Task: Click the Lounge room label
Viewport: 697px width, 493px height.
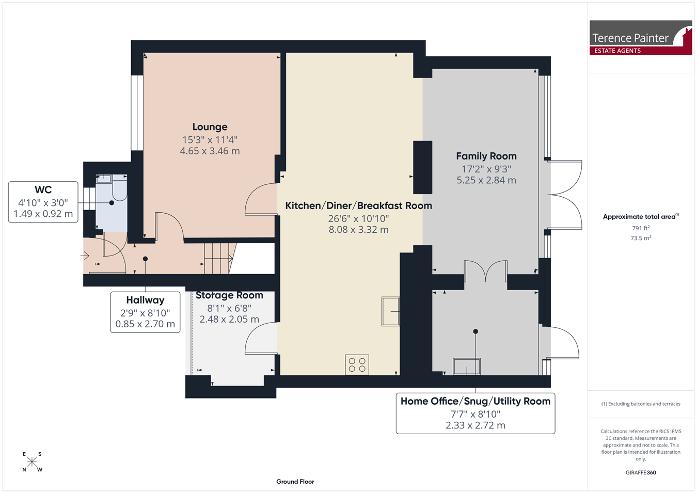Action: click(210, 127)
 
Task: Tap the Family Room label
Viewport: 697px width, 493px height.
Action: click(486, 156)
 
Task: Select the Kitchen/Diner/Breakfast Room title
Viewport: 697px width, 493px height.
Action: click(358, 205)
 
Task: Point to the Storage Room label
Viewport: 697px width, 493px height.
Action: click(229, 295)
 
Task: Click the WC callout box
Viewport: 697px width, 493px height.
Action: click(43, 202)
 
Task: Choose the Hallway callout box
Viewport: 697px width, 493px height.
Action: click(145, 312)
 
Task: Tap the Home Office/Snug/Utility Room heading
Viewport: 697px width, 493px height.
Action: click(476, 401)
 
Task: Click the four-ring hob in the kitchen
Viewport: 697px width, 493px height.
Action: click(357, 364)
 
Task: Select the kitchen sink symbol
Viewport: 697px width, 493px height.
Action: click(390, 311)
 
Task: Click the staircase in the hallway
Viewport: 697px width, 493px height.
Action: click(220, 258)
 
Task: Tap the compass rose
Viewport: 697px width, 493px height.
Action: click(32, 462)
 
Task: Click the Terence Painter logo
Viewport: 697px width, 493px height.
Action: click(641, 38)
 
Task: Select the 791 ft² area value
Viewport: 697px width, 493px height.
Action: click(641, 228)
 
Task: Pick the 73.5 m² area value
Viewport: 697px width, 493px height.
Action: click(641, 238)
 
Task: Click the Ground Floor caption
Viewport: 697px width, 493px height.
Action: click(295, 482)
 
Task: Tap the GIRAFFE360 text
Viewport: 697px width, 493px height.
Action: click(641, 472)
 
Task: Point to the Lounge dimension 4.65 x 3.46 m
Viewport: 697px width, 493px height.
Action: click(210, 151)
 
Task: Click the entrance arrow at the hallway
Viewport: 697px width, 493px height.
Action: click(85, 256)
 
